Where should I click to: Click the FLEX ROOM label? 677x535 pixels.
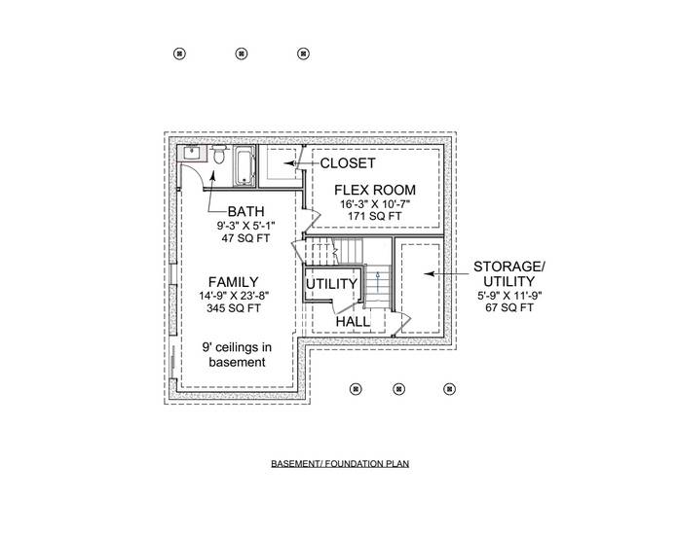pyautogui.click(x=375, y=189)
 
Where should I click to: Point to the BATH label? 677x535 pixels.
pyautogui.click(x=246, y=211)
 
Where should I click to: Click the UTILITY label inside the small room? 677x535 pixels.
pyautogui.click(x=331, y=284)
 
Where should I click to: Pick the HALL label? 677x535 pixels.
pyautogui.click(x=353, y=320)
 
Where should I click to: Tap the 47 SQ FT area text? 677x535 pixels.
pyautogui.click(x=246, y=238)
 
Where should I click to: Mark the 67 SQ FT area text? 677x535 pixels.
pyautogui.click(x=509, y=307)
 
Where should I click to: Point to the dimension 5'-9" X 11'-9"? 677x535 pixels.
pyautogui.click(x=509, y=295)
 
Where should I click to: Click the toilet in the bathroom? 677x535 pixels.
pyautogui.click(x=221, y=156)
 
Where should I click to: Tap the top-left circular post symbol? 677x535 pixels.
pyautogui.click(x=178, y=53)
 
